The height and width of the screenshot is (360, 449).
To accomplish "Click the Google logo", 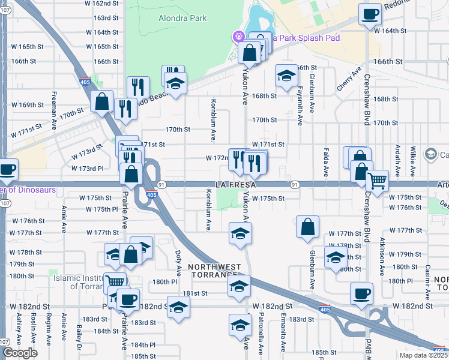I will (x=20, y=353).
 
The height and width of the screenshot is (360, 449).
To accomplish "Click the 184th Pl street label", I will (x=143, y=345).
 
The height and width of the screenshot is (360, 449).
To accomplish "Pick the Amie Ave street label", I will (x=64, y=220).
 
